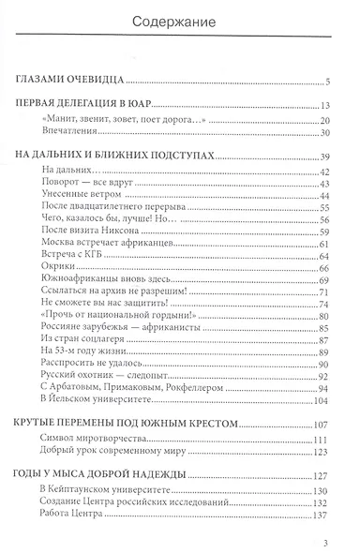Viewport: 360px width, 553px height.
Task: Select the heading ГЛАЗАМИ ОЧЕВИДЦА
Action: coord(72,81)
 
